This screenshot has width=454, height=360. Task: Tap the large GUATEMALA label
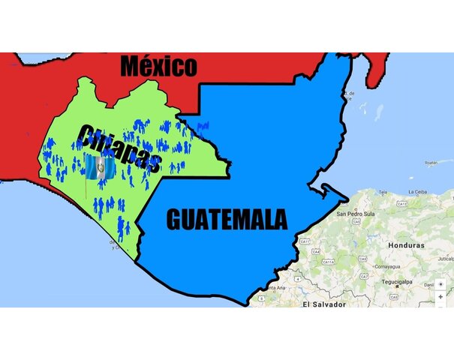point(226,219)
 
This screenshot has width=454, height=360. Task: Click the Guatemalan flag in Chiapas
point(99,168)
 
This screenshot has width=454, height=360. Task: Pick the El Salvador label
point(324,304)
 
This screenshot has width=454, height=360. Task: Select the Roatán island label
point(431,162)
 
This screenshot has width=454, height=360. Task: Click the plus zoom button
point(441,297)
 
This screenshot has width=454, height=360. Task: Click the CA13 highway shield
point(402,203)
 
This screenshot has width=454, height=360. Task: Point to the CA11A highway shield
point(328,262)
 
